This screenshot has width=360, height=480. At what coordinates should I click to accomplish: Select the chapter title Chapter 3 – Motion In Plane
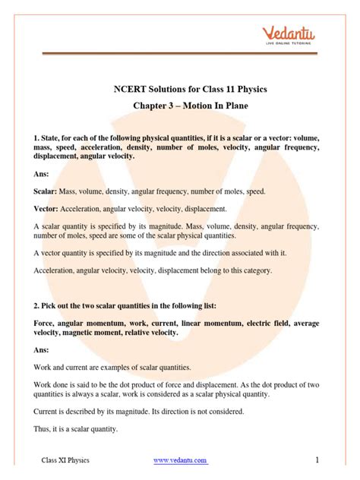point(179,109)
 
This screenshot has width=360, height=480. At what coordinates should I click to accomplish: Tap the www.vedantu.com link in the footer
point(180,461)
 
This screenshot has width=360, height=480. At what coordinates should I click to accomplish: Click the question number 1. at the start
point(36,137)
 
